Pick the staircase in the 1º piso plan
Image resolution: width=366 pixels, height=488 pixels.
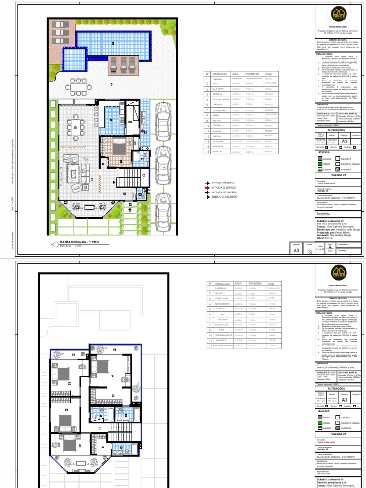click(x=127, y=181)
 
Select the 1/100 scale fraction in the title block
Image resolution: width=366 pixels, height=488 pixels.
click(x=310, y=250)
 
